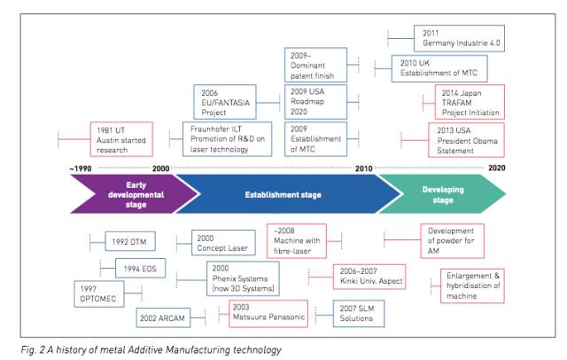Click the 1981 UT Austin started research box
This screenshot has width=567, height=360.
click(121, 139)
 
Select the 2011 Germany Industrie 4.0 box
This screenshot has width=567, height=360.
click(459, 38)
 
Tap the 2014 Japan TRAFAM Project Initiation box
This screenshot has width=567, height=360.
click(470, 102)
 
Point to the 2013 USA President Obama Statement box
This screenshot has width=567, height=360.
click(467, 140)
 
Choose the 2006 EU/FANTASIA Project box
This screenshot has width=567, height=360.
click(225, 102)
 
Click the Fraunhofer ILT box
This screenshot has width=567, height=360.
click(227, 139)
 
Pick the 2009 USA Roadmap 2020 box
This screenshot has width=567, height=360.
click(315, 102)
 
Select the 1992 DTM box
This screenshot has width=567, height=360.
click(130, 241)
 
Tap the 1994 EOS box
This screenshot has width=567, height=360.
click(140, 268)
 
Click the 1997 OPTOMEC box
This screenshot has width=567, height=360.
click(99, 293)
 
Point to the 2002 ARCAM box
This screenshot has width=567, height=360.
click(163, 317)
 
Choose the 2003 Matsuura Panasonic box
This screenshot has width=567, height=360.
click(268, 314)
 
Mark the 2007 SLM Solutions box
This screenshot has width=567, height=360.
click(359, 313)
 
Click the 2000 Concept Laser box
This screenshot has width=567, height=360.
click(223, 243)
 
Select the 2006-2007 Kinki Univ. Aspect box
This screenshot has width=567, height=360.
click(369, 277)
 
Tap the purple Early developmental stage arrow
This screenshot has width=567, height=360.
click(134, 194)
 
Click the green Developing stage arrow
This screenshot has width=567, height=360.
click(443, 194)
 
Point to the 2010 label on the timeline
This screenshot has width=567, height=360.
click(364, 168)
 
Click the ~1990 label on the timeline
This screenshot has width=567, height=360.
click(81, 168)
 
